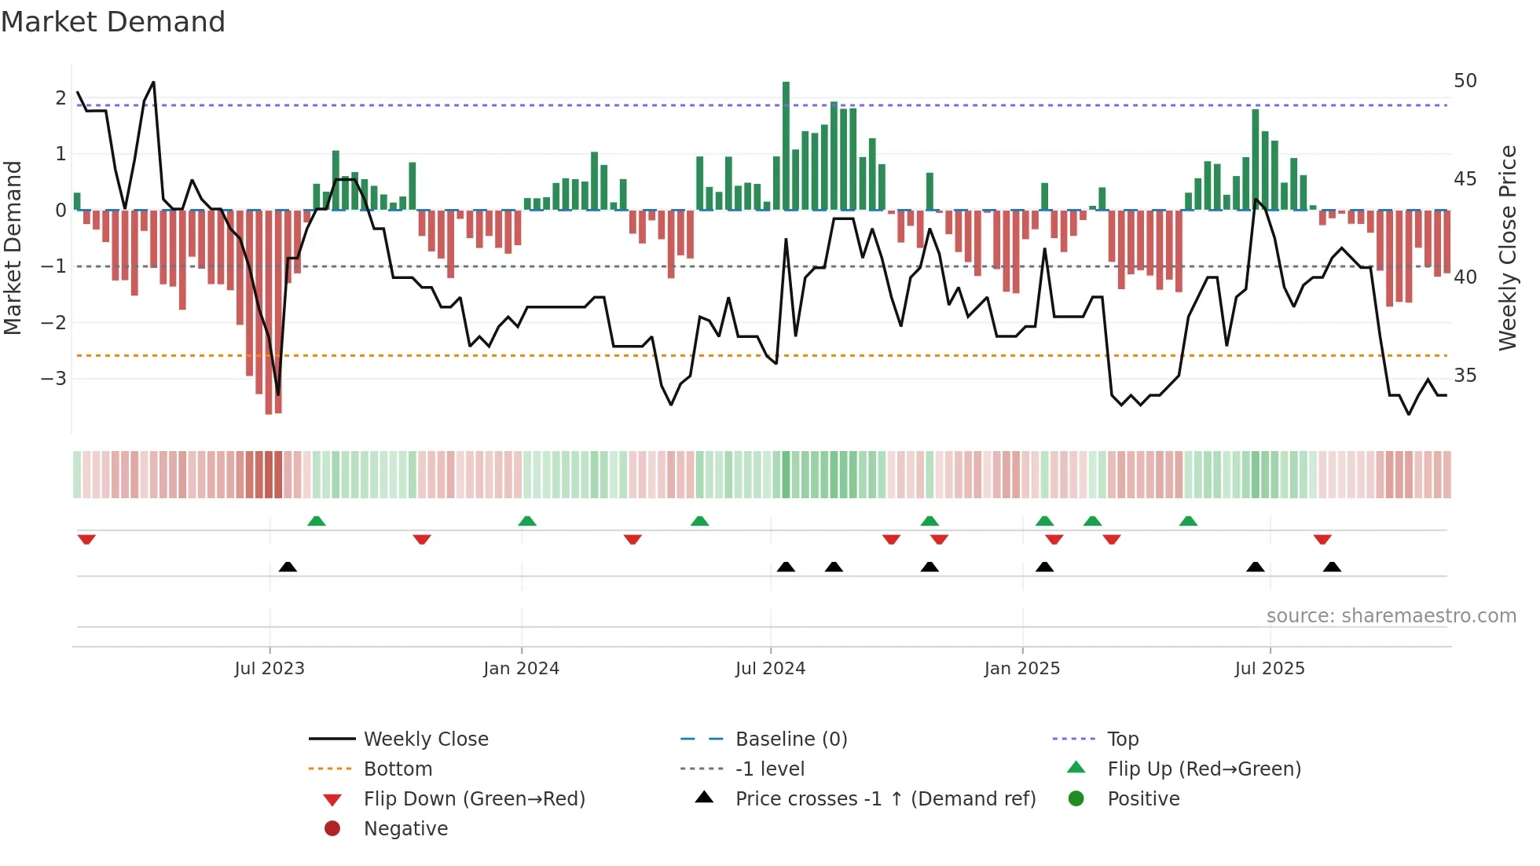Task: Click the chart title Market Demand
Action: (x=113, y=22)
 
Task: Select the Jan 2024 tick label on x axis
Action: (x=521, y=669)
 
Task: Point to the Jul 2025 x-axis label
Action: (x=1269, y=669)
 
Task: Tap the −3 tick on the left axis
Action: (x=54, y=379)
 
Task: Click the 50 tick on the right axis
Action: (x=1465, y=81)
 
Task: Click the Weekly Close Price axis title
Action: (x=1507, y=248)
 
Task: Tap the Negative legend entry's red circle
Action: (x=332, y=829)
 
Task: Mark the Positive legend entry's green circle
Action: (x=1076, y=799)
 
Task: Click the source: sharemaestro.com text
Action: (x=1391, y=616)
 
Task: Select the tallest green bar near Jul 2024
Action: (x=786, y=145)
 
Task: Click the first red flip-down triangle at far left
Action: (x=86, y=539)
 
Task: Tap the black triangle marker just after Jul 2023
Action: (x=288, y=567)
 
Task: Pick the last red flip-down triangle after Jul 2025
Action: (x=1322, y=539)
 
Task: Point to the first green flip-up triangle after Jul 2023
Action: (x=316, y=521)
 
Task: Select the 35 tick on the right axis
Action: (x=1465, y=376)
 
